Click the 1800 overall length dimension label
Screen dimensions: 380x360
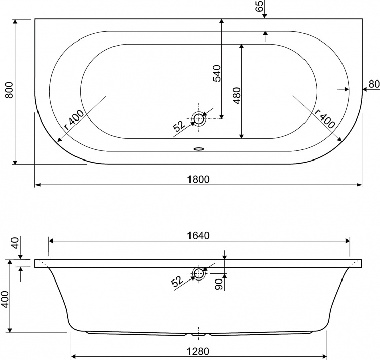click(198, 180)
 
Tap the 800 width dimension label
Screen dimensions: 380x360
click(9, 90)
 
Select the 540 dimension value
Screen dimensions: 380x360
click(217, 73)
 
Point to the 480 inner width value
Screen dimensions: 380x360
click(237, 96)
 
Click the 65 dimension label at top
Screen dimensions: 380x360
click(259, 6)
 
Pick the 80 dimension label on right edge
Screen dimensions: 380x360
click(374, 84)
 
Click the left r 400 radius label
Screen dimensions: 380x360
click(74, 120)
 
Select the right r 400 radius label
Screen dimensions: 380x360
click(325, 118)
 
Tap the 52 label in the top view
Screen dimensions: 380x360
click(179, 126)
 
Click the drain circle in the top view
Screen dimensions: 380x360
click(199, 118)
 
